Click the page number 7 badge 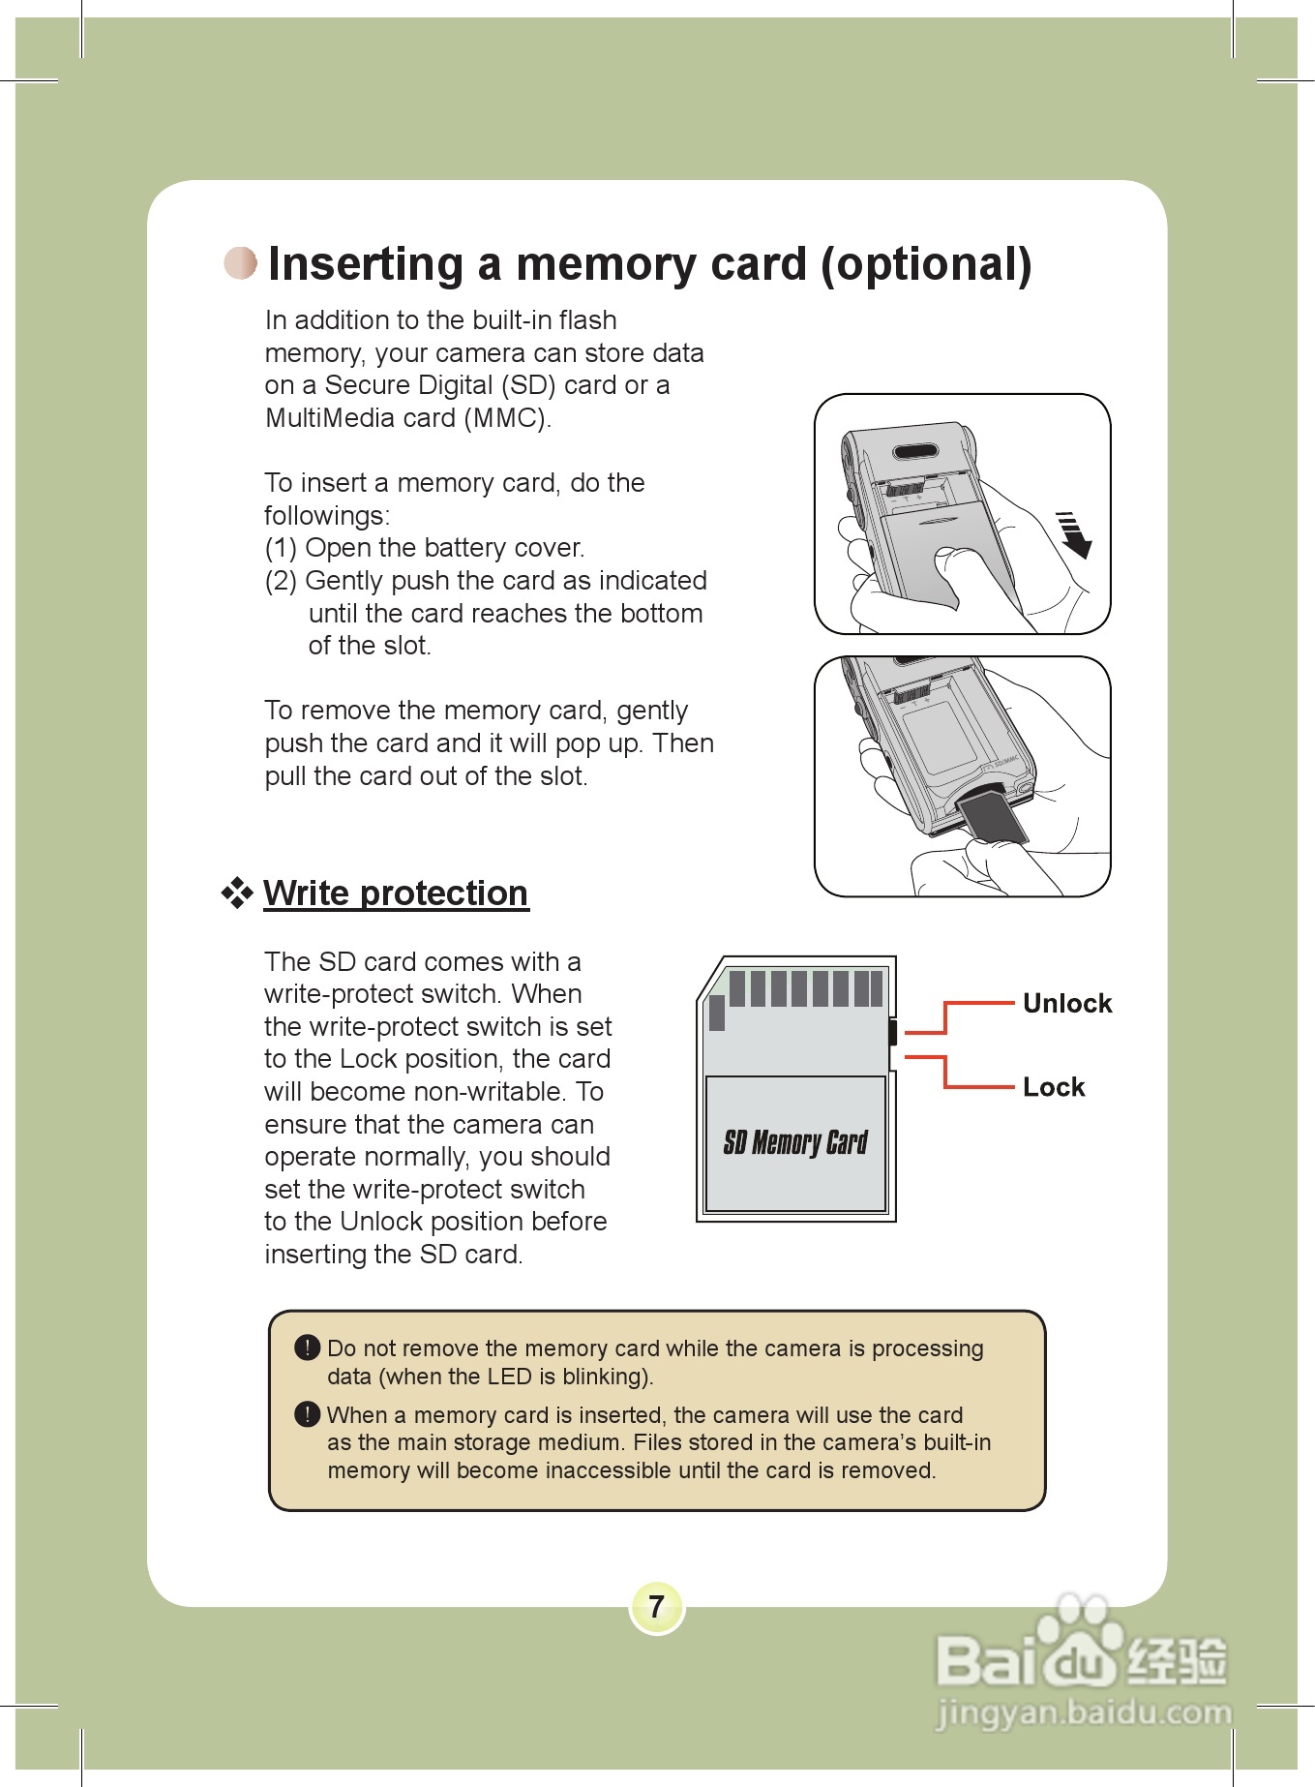tap(657, 1607)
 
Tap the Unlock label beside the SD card tap(1066, 1004)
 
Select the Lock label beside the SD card tap(1054, 1087)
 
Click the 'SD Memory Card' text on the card tap(795, 1143)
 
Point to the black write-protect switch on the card tap(892, 1032)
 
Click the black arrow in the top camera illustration tap(1074, 534)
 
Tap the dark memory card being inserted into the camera tap(991, 816)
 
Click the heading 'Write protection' tap(396, 893)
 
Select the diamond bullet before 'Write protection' tap(237, 893)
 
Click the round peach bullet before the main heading tap(241, 262)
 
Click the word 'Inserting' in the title tap(366, 264)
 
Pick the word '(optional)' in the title tap(926, 264)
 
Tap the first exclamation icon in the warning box tap(307, 1348)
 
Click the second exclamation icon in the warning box tap(307, 1414)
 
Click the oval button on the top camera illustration tap(914, 452)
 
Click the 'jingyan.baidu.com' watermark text tap(1084, 1713)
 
